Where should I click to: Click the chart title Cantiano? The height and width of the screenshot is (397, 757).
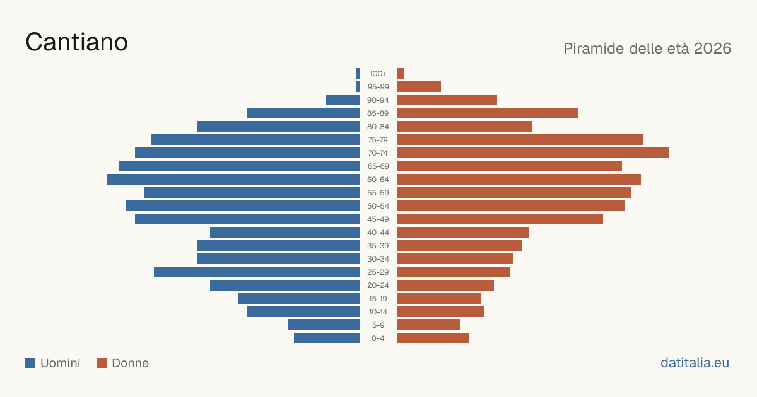(x=77, y=42)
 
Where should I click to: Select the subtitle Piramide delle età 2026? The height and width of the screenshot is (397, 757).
(x=647, y=49)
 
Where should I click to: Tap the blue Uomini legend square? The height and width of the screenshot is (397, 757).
(x=30, y=363)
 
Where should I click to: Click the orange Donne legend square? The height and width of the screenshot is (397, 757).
(x=102, y=363)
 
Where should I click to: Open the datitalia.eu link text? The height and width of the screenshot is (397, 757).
(x=695, y=363)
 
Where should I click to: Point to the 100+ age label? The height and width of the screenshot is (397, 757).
(x=378, y=74)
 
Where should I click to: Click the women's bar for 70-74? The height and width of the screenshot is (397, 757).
(x=533, y=153)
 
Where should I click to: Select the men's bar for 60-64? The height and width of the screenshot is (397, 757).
(x=233, y=179)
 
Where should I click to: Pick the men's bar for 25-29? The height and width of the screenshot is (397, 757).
(x=257, y=272)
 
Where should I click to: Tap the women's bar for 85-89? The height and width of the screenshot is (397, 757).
(x=488, y=113)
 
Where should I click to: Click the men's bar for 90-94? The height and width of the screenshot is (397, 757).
(x=343, y=100)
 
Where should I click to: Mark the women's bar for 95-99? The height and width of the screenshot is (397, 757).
(x=419, y=87)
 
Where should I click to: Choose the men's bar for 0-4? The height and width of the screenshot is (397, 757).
(x=327, y=338)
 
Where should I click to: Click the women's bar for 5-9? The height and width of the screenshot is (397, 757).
(x=428, y=325)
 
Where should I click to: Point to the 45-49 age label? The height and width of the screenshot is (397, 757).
(x=378, y=219)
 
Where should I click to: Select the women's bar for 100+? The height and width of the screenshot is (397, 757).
(x=401, y=74)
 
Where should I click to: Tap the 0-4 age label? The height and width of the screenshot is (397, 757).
(x=378, y=338)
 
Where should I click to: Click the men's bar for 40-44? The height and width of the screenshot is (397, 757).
(x=285, y=233)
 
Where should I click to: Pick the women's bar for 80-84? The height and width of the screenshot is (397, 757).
(x=464, y=127)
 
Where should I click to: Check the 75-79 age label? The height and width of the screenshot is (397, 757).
(x=378, y=140)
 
